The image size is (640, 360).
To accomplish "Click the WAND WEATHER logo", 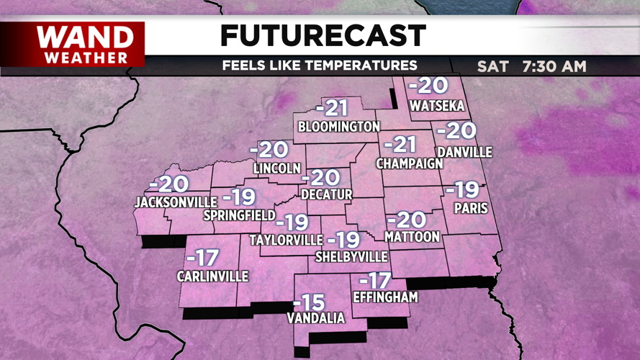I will (84, 45).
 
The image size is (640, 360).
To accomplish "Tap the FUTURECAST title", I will (323, 35).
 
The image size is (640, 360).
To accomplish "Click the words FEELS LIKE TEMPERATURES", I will (320, 66).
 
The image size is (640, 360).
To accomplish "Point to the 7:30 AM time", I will (554, 66).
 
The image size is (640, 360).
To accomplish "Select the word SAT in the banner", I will (492, 66).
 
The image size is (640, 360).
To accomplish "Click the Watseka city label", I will (437, 107).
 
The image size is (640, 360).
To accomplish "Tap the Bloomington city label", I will (338, 127).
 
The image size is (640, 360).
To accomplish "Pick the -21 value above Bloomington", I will (331, 109).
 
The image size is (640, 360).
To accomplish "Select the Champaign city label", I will (410, 163).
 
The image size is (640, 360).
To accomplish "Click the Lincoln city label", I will (276, 168).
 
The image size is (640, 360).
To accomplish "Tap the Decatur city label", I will (327, 194).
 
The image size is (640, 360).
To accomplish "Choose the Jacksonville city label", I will (176, 202).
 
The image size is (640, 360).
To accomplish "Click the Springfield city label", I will (239, 215).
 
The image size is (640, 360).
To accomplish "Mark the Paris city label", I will (471, 209).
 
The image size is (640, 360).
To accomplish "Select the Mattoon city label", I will (412, 236).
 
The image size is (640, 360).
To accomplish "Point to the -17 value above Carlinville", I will (202, 258).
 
